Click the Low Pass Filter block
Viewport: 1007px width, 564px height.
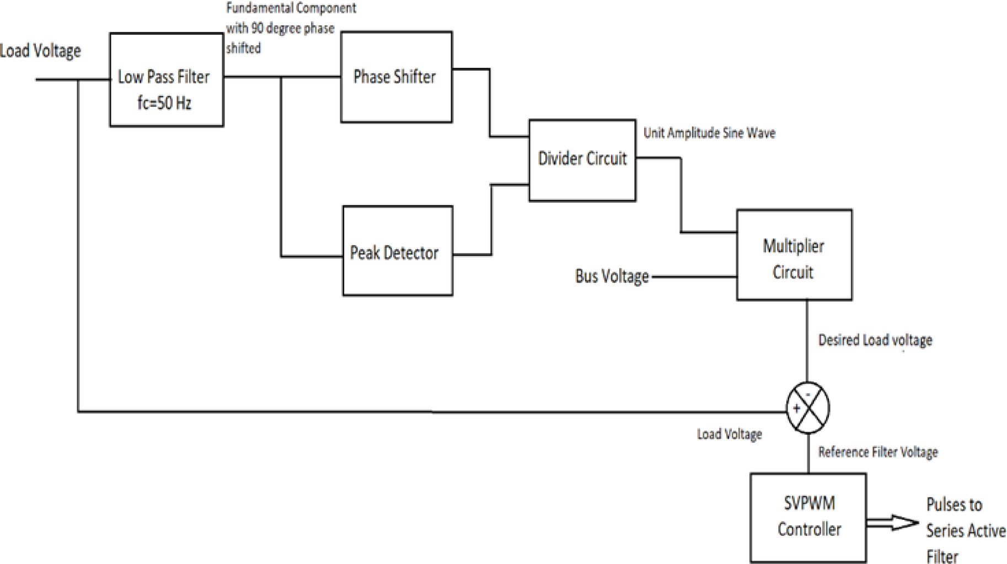[167, 80]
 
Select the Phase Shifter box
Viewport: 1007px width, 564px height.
[396, 77]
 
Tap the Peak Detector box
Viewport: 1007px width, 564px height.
[397, 251]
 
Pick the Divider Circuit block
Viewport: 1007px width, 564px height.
[582, 160]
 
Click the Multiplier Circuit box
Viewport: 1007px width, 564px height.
[794, 255]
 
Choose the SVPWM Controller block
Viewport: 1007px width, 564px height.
[808, 517]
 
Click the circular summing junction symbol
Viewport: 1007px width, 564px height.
[807, 408]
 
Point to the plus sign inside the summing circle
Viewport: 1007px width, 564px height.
[796, 409]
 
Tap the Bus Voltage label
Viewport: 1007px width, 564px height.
[612, 276]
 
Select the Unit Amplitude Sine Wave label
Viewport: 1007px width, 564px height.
[709, 133]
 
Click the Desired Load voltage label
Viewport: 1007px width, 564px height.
[875, 340]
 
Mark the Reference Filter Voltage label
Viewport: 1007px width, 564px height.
[877, 453]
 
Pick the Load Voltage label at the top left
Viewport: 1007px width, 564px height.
[40, 51]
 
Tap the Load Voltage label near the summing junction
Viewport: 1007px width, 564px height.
[729, 434]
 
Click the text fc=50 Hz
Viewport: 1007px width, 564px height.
[164, 103]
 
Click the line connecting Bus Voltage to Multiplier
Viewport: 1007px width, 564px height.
[694, 277]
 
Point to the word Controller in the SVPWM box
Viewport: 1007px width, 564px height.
[809, 529]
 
